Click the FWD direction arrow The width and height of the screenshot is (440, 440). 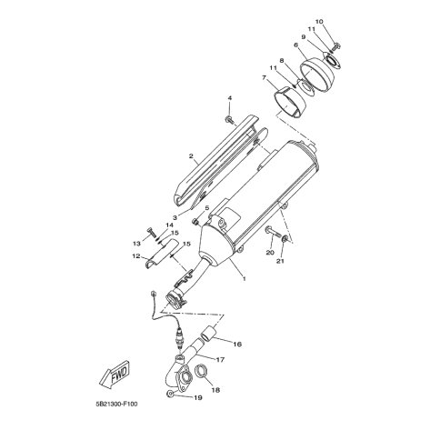tap(115, 375)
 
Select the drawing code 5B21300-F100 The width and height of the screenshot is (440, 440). tap(116, 404)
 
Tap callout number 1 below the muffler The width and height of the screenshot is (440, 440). tap(244, 278)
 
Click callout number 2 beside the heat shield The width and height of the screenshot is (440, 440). tap(191, 156)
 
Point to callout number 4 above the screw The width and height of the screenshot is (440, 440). tap(229, 98)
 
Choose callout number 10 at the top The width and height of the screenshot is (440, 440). tap(319, 22)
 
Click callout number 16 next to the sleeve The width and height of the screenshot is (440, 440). tap(237, 345)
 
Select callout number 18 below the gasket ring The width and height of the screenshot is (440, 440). tap(215, 390)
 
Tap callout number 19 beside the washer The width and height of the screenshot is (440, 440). tap(197, 397)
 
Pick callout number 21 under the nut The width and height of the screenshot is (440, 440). tap(280, 261)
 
